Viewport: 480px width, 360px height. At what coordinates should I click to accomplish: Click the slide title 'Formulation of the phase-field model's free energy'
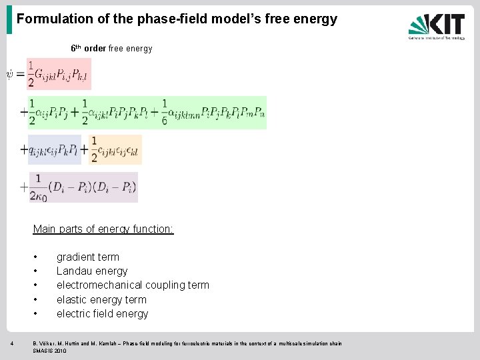(177, 19)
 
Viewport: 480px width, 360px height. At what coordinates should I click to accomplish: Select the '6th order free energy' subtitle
(111, 49)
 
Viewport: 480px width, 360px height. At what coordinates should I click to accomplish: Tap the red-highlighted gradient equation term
(58, 74)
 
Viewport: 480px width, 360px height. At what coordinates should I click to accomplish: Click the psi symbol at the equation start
(10, 73)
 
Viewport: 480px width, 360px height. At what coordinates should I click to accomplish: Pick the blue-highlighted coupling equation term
(54, 149)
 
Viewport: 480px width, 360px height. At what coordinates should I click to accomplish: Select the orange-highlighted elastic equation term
(115, 149)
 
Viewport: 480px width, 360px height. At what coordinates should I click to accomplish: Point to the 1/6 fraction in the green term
(165, 111)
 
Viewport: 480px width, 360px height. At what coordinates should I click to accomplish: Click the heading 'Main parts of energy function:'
(103, 229)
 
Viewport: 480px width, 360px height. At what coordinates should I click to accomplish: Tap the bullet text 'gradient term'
(88, 257)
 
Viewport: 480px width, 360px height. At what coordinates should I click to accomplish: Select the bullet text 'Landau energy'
(92, 271)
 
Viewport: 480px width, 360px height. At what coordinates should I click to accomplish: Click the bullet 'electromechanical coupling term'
(133, 285)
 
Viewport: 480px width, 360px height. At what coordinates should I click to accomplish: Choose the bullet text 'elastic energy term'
(101, 299)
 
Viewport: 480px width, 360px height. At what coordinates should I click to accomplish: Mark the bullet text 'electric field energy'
(102, 313)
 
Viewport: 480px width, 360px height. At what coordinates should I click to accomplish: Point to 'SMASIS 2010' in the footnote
(50, 351)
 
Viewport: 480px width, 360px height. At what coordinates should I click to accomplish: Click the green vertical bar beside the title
(9, 19)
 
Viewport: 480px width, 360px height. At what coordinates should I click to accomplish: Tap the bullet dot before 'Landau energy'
(35, 271)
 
